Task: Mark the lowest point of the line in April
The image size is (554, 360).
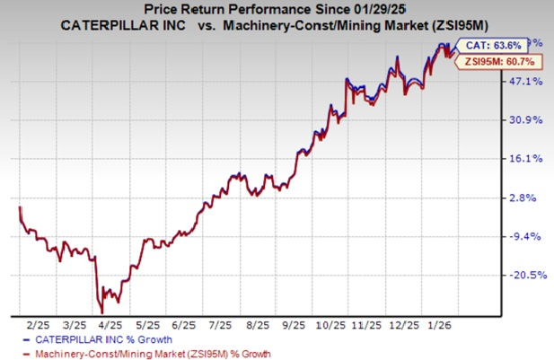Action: [x=101, y=311]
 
